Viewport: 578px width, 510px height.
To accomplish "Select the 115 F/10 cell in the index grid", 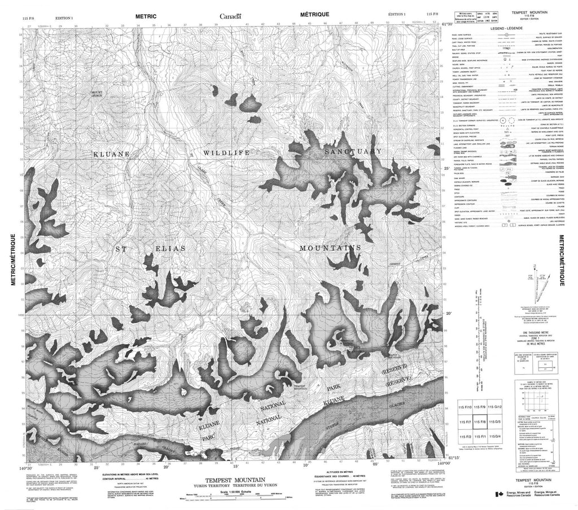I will click(x=465, y=407).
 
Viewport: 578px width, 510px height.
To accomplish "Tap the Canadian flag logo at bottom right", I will click(x=499, y=494).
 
